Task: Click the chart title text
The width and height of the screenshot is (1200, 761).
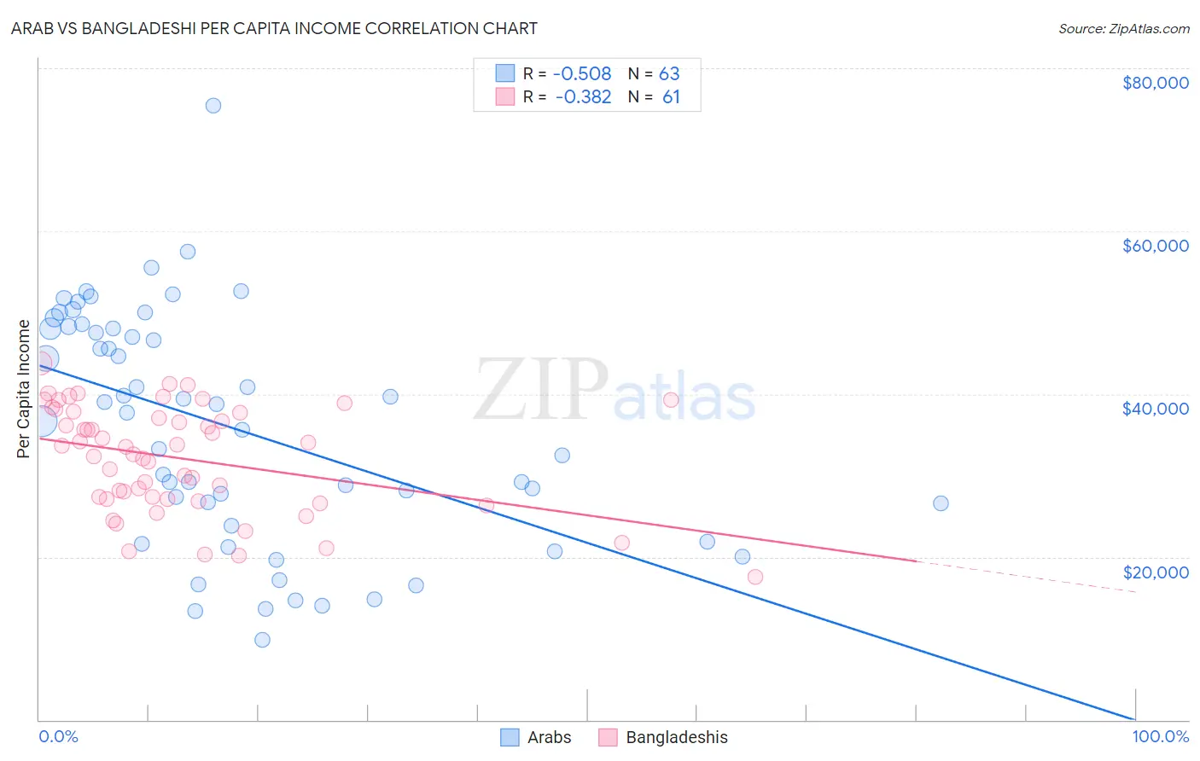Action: (x=274, y=28)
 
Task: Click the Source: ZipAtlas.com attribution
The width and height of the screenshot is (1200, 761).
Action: (x=1123, y=28)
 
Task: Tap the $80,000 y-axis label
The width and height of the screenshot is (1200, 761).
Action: (x=1155, y=83)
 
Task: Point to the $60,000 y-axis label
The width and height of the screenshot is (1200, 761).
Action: (x=1155, y=246)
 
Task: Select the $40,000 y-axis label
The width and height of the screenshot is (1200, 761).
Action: (x=1155, y=409)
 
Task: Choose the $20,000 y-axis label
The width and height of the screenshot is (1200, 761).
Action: (x=1155, y=572)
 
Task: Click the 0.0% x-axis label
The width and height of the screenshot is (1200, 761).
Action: (x=58, y=736)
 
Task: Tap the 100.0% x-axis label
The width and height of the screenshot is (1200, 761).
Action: (x=1160, y=736)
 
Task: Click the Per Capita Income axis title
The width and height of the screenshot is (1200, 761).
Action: (x=23, y=388)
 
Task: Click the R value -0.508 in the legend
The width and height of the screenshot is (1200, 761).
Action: (x=583, y=74)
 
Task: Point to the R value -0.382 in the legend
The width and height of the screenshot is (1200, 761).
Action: (x=583, y=97)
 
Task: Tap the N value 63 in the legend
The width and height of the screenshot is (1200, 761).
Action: (x=669, y=74)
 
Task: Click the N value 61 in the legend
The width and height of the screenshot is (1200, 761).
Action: (x=671, y=97)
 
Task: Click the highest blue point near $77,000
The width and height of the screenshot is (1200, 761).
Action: (x=213, y=106)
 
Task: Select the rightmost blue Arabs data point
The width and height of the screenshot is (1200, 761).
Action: (x=941, y=503)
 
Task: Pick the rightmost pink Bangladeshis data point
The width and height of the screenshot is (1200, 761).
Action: (x=755, y=577)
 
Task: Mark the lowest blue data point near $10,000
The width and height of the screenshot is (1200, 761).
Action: (x=262, y=640)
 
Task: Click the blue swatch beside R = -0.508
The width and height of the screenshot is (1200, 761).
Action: (x=505, y=74)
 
